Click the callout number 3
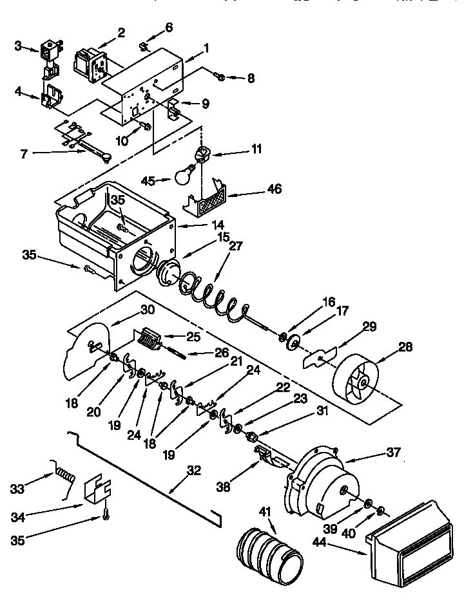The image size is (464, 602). pyautogui.click(x=19, y=46)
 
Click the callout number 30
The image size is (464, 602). pyautogui.click(x=147, y=309)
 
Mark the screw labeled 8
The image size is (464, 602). pyautogui.click(x=220, y=77)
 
